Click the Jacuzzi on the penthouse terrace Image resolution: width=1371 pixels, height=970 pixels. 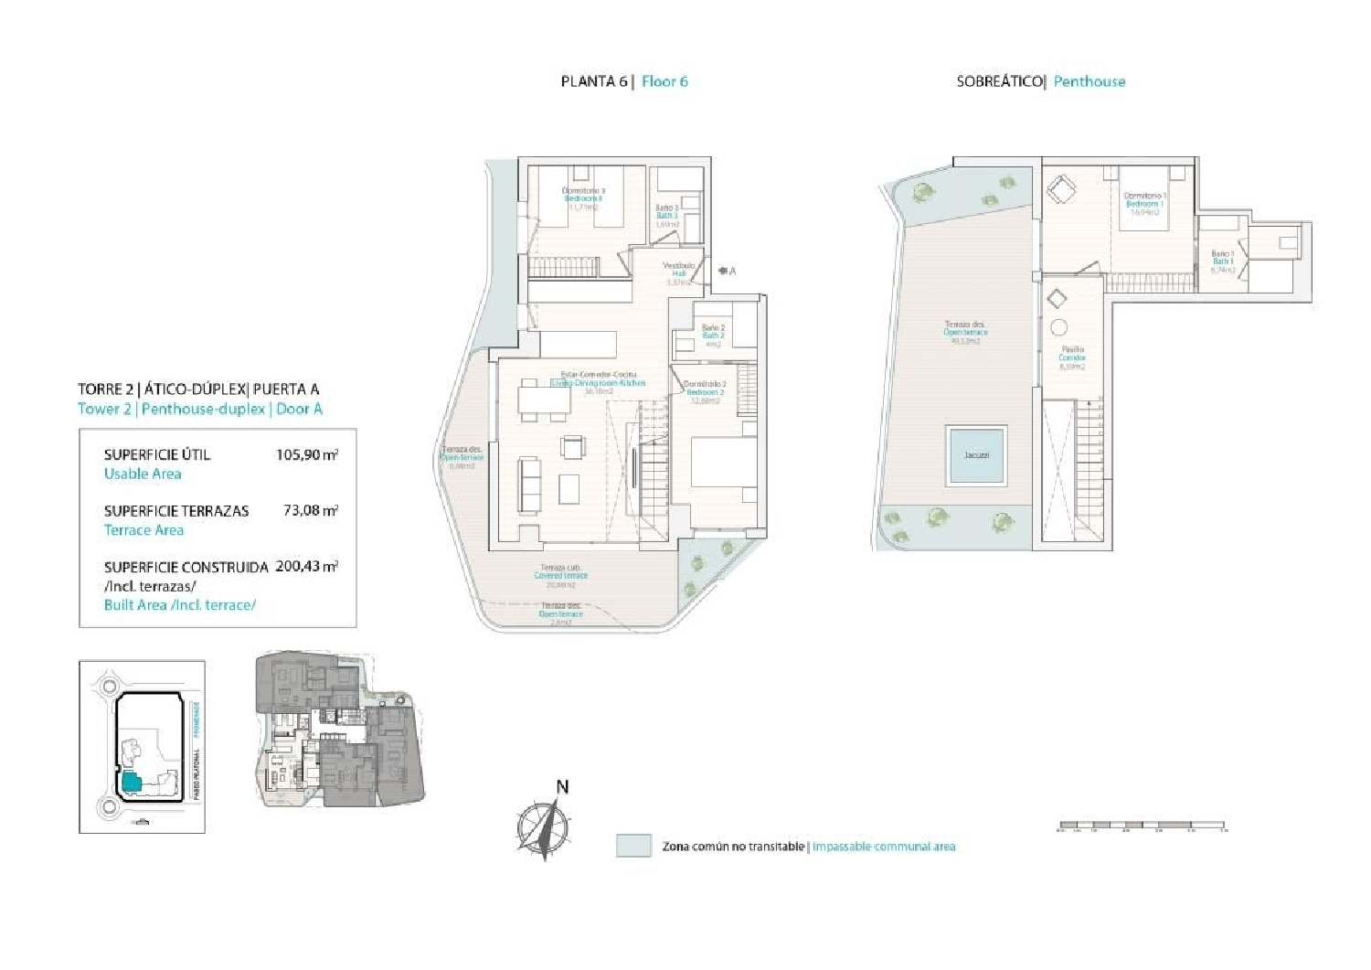tap(976, 454)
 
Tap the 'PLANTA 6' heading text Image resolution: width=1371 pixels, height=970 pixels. tap(593, 81)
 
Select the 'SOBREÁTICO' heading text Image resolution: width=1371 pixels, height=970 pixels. tap(1000, 81)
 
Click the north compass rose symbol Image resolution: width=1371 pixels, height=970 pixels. tap(542, 827)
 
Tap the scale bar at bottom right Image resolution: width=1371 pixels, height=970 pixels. tap(1142, 826)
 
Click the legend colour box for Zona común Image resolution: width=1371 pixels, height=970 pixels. tap(633, 846)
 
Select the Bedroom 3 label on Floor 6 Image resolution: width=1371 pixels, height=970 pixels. tap(583, 198)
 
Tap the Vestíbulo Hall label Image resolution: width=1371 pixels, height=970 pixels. tap(678, 271)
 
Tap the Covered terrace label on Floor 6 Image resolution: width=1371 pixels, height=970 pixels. tap(561, 575)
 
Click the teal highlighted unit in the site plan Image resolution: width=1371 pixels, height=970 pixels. tap(131, 782)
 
